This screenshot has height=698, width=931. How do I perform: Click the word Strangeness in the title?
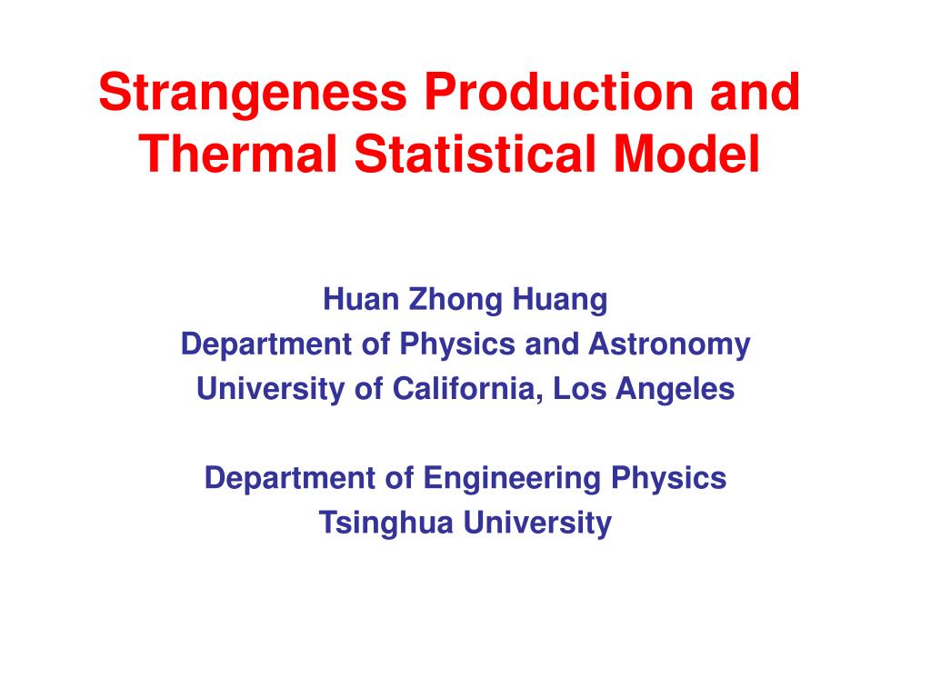pos(253,94)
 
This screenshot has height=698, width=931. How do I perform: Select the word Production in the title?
pos(559,92)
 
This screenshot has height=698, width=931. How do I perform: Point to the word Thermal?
pos(238,153)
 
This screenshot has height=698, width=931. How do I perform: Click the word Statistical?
pos(475,153)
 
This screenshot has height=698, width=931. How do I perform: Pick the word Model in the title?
pos(686,153)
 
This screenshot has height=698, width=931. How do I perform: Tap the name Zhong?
pos(455,300)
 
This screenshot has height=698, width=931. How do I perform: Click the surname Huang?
pos(560,300)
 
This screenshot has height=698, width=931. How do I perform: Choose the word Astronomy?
pos(669,344)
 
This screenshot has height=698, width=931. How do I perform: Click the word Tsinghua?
pos(385,523)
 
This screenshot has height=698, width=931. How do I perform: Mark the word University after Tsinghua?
pos(537,523)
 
